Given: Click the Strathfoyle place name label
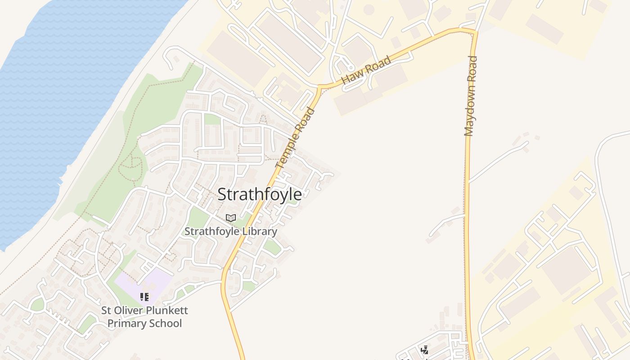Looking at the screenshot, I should tap(260, 194).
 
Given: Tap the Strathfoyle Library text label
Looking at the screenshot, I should tap(231, 231).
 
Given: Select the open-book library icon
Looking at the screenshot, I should tap(231, 218).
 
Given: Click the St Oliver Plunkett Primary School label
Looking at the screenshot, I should tap(144, 317).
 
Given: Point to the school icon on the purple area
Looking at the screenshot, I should tap(144, 297).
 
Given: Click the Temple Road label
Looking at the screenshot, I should tap(295, 138).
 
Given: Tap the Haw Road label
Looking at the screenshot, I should tap(366, 71).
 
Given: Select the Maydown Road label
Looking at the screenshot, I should tap(470, 96).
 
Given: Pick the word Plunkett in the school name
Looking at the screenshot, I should tap(166, 310).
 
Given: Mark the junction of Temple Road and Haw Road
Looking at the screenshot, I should tap(320, 86).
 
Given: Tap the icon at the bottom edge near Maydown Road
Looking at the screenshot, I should tap(424, 350).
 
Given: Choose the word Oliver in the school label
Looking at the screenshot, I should tap(128, 310).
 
